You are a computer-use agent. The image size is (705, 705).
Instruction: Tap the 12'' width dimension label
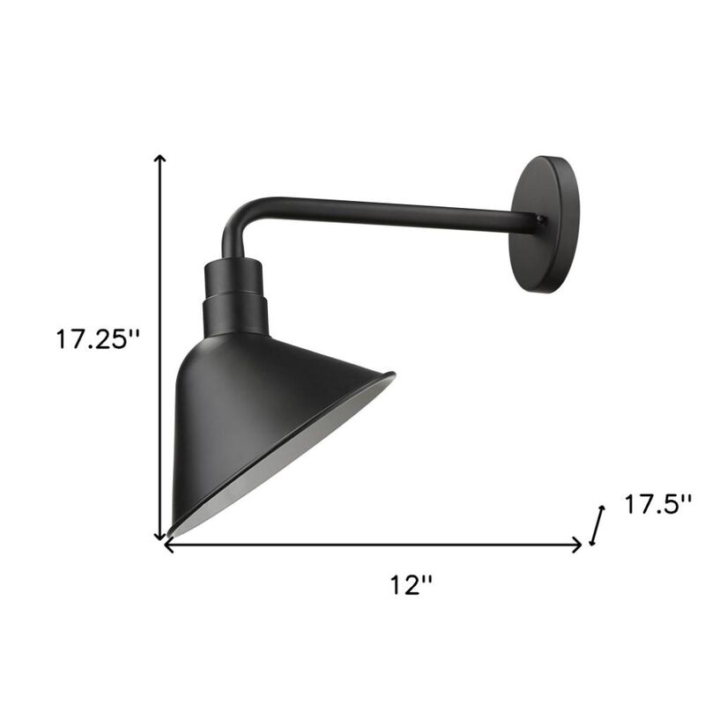412,583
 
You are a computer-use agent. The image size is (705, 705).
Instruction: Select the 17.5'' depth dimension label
657,505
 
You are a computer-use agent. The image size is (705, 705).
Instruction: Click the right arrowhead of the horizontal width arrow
578,545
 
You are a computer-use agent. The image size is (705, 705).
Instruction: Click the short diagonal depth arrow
597,526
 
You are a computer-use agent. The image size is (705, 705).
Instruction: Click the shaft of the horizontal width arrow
370,545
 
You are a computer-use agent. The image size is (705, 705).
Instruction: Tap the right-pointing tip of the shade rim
392,376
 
